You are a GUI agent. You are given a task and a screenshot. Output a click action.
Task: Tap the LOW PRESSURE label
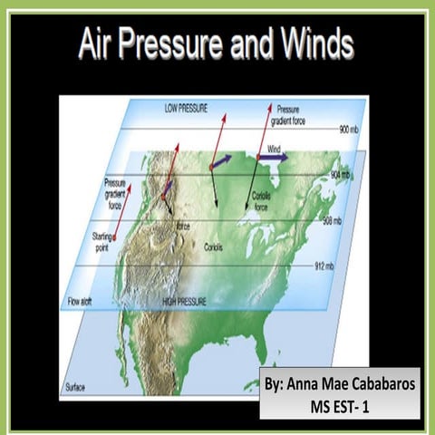click(x=186, y=107)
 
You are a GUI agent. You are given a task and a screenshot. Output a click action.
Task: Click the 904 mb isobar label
click(x=341, y=174)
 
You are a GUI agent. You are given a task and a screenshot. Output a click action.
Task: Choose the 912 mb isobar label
click(x=324, y=266)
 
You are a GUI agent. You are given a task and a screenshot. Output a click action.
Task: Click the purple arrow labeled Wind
click(x=273, y=157)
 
